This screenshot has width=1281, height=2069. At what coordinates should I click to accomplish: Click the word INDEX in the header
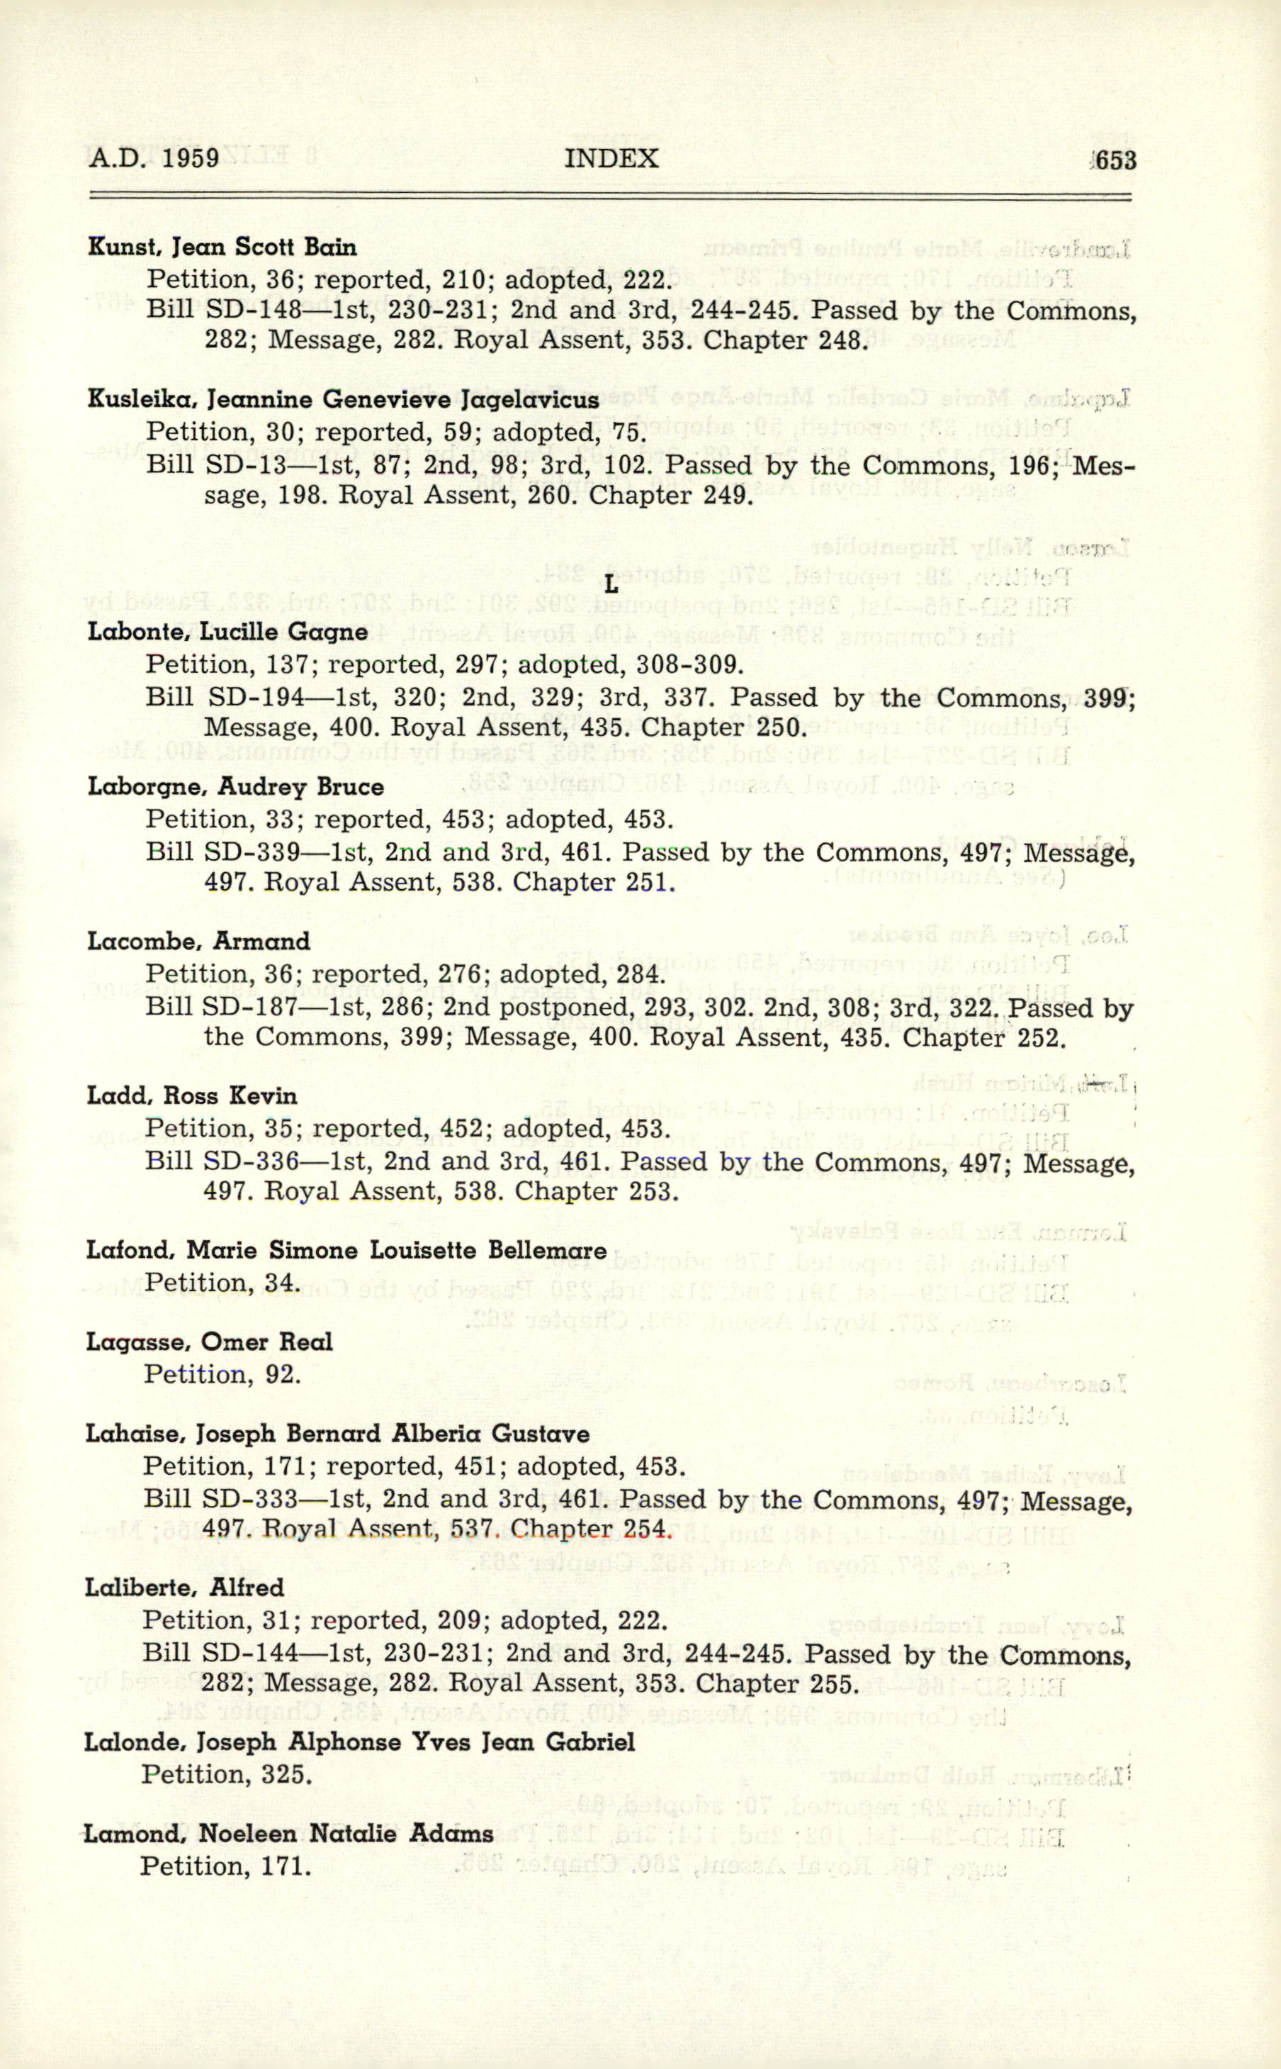click(611, 160)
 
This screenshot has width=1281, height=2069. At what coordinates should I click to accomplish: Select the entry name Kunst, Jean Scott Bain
click(222, 247)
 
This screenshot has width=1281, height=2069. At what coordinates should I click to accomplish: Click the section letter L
click(611, 585)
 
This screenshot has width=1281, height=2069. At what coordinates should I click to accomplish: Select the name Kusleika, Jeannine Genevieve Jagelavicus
click(343, 399)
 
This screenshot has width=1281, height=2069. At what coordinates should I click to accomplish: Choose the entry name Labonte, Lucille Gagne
click(227, 632)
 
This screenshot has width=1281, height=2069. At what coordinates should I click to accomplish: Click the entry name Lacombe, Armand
click(198, 942)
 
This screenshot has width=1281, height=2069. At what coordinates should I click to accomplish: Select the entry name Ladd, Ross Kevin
click(191, 1096)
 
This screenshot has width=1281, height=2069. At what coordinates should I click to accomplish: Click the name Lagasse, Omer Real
click(209, 1342)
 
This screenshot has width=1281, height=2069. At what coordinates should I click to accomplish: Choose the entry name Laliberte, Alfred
click(185, 1588)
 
